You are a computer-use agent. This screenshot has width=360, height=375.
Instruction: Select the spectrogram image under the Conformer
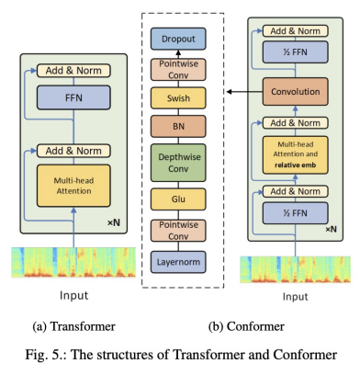(293, 269)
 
